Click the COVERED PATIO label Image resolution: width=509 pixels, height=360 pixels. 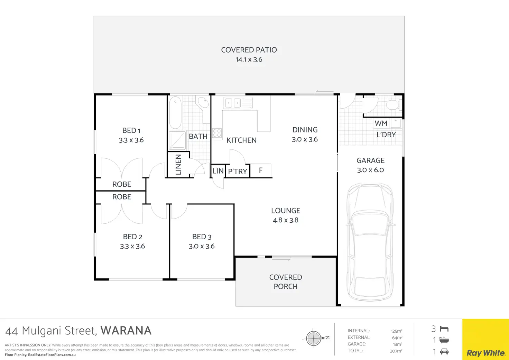click(x=249, y=50)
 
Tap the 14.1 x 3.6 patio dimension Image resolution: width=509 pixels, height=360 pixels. click(x=249, y=59)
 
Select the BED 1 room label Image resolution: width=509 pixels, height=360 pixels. click(x=131, y=130)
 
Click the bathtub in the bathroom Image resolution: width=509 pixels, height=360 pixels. click(x=175, y=113)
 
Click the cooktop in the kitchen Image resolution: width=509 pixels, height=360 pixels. click(x=217, y=133)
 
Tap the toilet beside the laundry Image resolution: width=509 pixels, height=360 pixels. click(x=393, y=104)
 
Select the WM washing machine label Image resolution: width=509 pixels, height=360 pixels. click(x=381, y=123)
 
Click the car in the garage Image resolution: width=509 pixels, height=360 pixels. click(x=370, y=242)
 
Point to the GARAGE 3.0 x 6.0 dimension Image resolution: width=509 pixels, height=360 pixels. click(x=370, y=170)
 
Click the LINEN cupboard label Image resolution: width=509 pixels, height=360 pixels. click(x=178, y=165)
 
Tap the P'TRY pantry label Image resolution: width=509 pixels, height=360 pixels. click(x=238, y=171)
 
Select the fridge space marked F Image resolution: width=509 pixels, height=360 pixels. click(x=261, y=170)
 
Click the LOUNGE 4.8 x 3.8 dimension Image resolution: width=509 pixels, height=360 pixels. click(x=286, y=220)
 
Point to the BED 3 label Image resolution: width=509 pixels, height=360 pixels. click(x=202, y=237)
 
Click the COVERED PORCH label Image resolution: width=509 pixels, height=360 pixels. click(x=286, y=282)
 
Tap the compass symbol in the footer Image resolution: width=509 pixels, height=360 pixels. click(x=314, y=338)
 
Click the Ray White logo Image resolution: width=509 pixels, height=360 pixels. click(x=485, y=353)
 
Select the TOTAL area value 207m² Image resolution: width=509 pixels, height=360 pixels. click(x=396, y=351)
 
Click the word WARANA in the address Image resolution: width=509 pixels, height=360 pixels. click(x=126, y=331)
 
